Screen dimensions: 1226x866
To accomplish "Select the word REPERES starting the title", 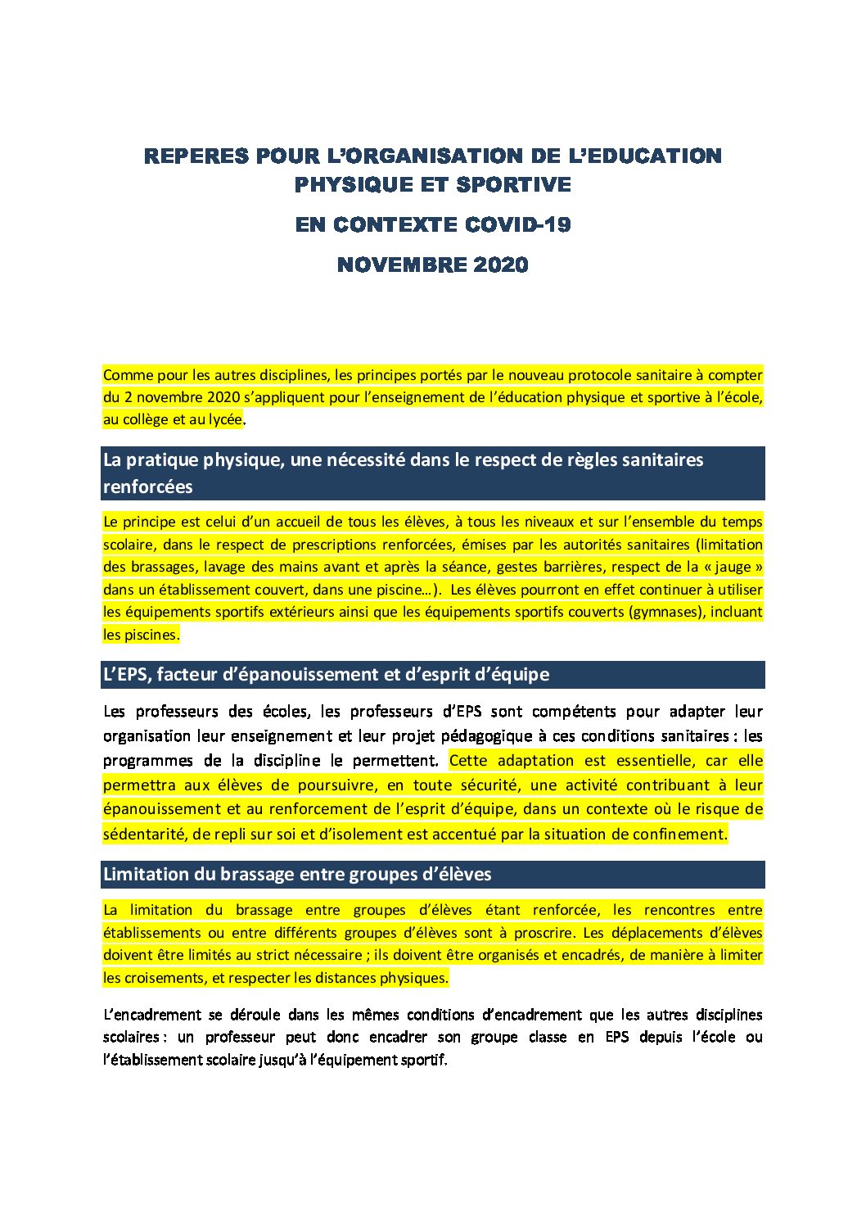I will pos(196,156).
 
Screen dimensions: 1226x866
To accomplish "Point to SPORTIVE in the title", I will pos(513,185).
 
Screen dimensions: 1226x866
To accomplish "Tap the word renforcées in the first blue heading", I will pos(148,486).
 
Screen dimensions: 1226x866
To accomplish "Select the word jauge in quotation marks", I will pos(733,567).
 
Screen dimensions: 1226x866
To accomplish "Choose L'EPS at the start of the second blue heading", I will pos(127,675).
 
